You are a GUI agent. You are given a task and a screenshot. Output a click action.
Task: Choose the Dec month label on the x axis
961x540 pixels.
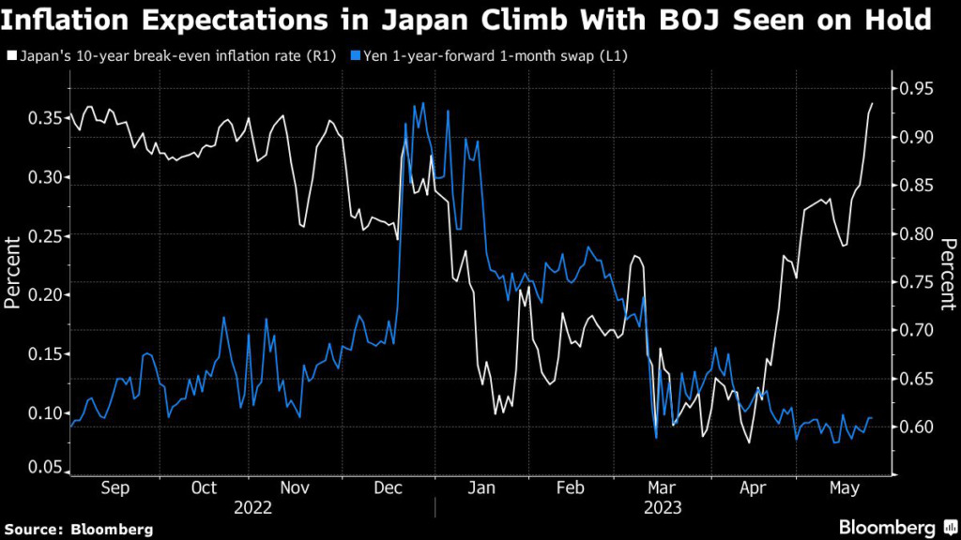click(388, 488)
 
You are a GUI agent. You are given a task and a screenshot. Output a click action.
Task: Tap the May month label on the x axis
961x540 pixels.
click(841, 488)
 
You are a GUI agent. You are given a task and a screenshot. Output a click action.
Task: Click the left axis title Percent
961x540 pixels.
click(13, 273)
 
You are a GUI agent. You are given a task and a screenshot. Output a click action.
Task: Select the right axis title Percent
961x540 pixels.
click(948, 273)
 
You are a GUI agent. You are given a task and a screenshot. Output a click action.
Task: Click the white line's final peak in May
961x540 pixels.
click(872, 104)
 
